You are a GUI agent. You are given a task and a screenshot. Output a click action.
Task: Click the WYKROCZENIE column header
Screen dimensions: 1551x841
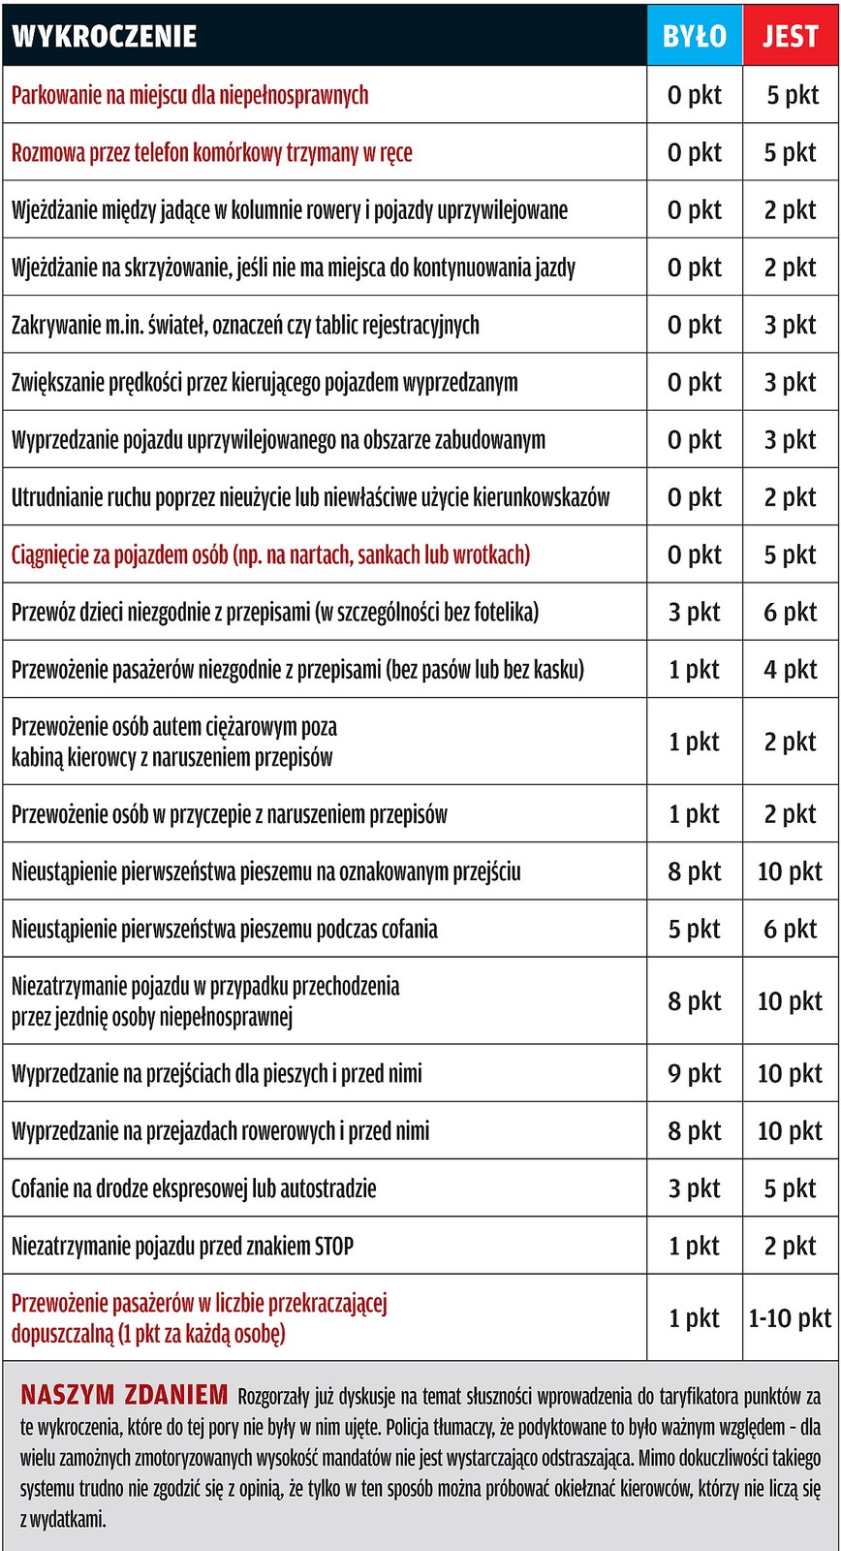pos(105,36)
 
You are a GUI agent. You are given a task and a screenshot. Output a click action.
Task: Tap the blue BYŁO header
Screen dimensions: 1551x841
pos(694,36)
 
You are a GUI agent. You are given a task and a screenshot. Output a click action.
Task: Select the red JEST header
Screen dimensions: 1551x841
pos(790,36)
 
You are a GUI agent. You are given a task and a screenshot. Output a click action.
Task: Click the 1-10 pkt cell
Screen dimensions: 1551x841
pos(790,1317)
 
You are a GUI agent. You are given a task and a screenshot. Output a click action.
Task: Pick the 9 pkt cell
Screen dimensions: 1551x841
pos(694,1073)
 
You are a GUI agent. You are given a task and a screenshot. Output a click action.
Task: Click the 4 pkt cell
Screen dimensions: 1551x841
pos(790,669)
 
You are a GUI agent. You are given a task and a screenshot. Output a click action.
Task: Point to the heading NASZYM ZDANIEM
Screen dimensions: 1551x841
pos(124,1395)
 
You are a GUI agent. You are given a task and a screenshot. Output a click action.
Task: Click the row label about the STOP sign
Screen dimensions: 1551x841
pos(182,1246)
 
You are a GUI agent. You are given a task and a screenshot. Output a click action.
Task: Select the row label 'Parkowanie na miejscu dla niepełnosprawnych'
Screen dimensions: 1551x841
pos(190,95)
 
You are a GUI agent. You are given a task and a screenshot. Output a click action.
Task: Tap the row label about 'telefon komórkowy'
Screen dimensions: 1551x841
pos(211,152)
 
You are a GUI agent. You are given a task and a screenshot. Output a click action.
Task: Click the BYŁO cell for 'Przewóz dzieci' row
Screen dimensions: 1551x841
pos(694,612)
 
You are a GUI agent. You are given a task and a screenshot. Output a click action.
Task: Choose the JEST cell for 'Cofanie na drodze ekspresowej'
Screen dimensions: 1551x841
pos(790,1188)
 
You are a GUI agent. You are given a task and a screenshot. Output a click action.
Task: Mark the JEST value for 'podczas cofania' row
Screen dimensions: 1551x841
pos(790,929)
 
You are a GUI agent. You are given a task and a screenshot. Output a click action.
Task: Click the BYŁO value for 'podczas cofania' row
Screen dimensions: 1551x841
pos(694,929)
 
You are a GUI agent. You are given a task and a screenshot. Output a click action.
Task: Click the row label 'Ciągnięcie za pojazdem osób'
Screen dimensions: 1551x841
pos(270,554)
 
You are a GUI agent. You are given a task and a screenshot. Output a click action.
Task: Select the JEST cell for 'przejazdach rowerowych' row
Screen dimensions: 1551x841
pos(790,1130)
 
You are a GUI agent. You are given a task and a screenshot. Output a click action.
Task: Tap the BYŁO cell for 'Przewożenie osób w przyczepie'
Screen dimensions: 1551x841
pos(694,814)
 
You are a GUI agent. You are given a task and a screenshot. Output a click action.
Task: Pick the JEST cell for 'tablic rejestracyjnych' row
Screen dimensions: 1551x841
pos(790,325)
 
